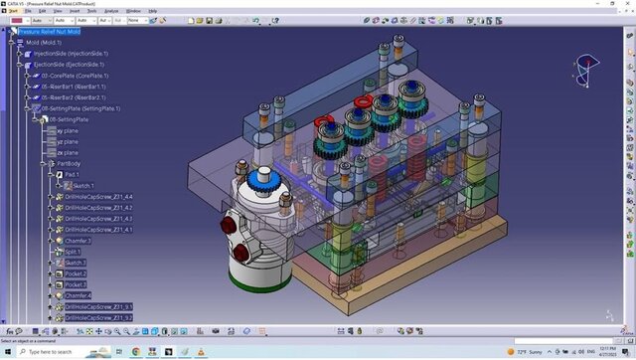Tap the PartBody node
(x=69, y=163)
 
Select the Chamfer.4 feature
(x=79, y=295)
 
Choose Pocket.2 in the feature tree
(x=76, y=273)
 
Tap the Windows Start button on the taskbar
(x=6, y=352)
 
